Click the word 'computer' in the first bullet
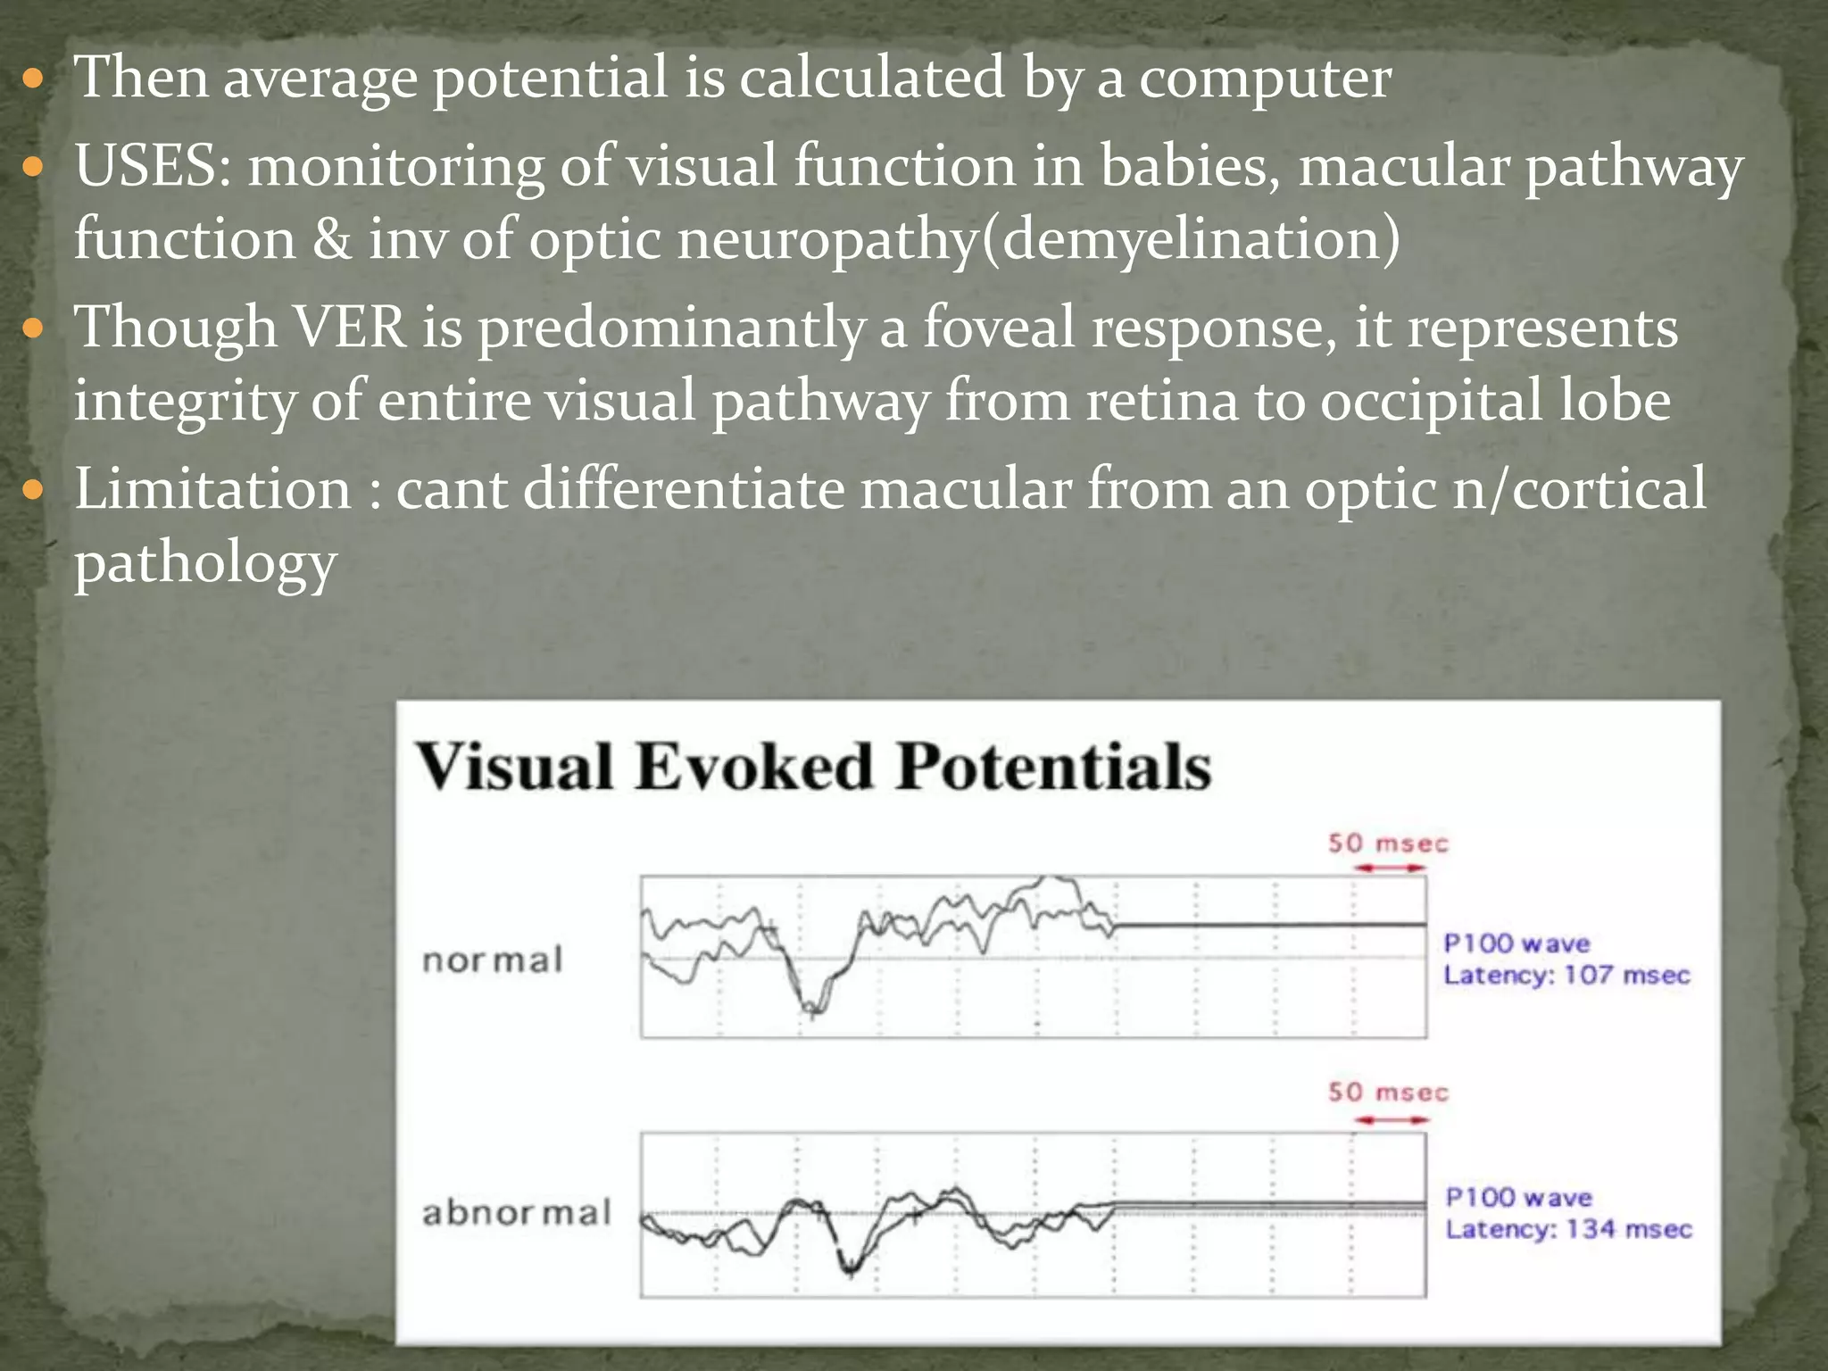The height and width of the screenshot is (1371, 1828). tap(1265, 79)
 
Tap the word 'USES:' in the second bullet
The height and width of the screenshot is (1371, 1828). tap(153, 167)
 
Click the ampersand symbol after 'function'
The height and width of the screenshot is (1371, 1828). tap(332, 240)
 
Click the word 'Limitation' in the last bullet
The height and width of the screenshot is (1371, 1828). tap(213, 490)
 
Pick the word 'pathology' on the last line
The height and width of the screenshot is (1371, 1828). tap(205, 564)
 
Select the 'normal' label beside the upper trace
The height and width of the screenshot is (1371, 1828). tap(493, 960)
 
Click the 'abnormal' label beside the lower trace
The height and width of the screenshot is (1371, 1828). tap(517, 1213)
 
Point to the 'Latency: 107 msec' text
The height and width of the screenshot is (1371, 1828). tap(1566, 975)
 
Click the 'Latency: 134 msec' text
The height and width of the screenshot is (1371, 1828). tap(1568, 1229)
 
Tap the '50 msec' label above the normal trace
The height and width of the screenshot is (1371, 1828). tap(1388, 843)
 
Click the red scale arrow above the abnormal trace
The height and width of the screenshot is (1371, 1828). tap(1390, 1119)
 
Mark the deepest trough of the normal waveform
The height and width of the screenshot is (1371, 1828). tap(811, 1011)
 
